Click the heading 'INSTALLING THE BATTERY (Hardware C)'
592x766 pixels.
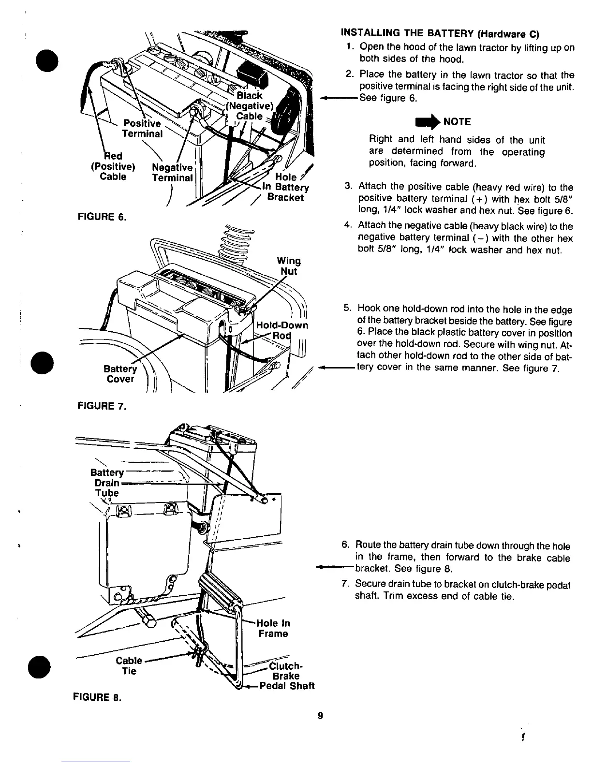click(440, 34)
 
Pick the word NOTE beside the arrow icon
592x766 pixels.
click(457, 121)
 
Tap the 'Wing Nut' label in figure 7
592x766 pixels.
click(289, 266)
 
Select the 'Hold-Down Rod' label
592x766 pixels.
click(282, 330)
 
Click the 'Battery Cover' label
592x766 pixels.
click(120, 374)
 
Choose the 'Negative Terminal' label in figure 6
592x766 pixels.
click(172, 173)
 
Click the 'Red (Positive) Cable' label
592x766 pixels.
click(113, 166)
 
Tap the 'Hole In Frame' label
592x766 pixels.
click(273, 628)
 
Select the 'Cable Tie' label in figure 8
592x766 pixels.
click(129, 666)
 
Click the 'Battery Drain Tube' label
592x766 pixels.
click(107, 483)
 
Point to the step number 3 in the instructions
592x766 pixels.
click(348, 187)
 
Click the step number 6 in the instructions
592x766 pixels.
click(345, 545)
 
